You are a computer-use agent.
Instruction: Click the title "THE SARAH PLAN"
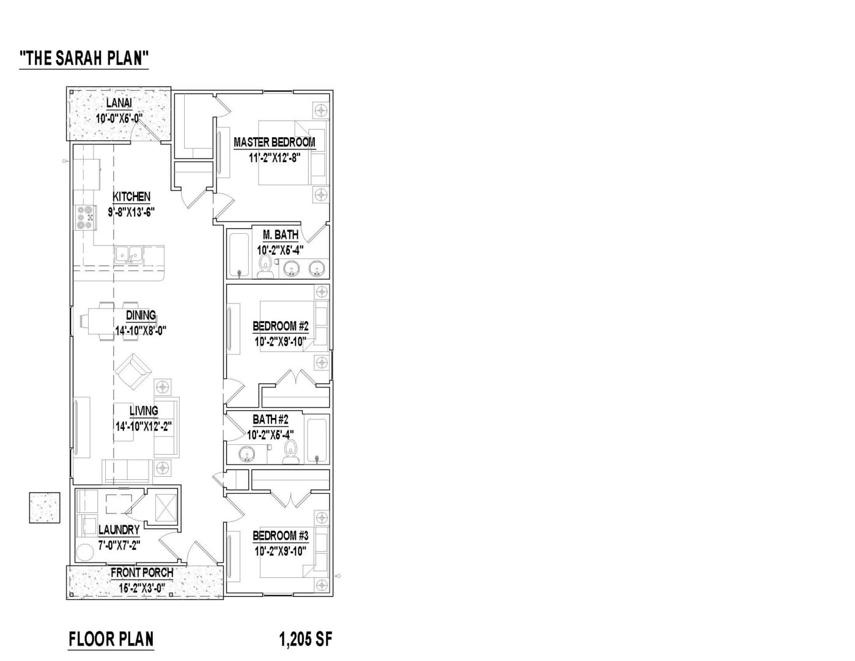click(x=84, y=58)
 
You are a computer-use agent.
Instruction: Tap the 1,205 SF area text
click(x=306, y=640)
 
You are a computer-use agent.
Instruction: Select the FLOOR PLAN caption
click(x=111, y=640)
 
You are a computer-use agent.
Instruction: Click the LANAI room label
click(x=119, y=103)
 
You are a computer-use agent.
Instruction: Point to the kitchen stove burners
click(x=86, y=217)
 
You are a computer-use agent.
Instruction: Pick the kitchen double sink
click(x=129, y=255)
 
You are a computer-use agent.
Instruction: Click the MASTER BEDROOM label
click(x=274, y=142)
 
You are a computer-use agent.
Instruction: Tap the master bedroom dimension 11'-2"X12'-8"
click(x=274, y=158)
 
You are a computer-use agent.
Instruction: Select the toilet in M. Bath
click(x=265, y=266)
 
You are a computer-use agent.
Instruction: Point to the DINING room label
click(x=141, y=315)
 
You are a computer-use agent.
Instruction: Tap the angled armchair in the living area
click(x=133, y=372)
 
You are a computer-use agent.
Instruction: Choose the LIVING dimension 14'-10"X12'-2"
click(x=144, y=427)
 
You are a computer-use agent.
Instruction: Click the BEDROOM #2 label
click(x=280, y=326)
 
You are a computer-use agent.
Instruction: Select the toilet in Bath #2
click(x=291, y=451)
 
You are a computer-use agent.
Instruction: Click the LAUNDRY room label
click(x=119, y=530)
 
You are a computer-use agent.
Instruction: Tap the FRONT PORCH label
click(x=142, y=573)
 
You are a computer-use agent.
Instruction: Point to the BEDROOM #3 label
click(x=280, y=536)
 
